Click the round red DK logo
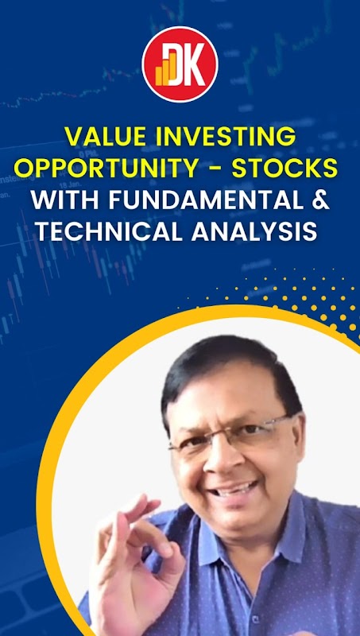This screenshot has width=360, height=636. click(x=180, y=64)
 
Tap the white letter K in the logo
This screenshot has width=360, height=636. click(x=195, y=67)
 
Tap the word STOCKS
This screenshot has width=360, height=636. click(x=285, y=168)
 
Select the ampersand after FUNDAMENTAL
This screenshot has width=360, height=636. click(x=321, y=200)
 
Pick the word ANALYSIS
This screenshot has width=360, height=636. click(x=254, y=232)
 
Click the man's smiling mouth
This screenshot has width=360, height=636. click(x=234, y=489)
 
